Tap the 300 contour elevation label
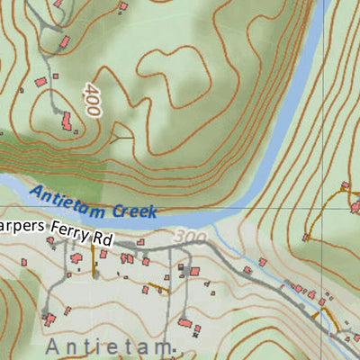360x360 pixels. [x=191, y=238]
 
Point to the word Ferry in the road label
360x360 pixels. [x=70, y=231]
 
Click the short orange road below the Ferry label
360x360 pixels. [x=93, y=259]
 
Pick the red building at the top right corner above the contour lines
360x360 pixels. [x=344, y=186]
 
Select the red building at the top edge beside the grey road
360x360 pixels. [x=59, y=4]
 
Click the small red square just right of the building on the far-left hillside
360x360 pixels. [x=55, y=76]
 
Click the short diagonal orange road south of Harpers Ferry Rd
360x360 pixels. [x=157, y=288]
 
